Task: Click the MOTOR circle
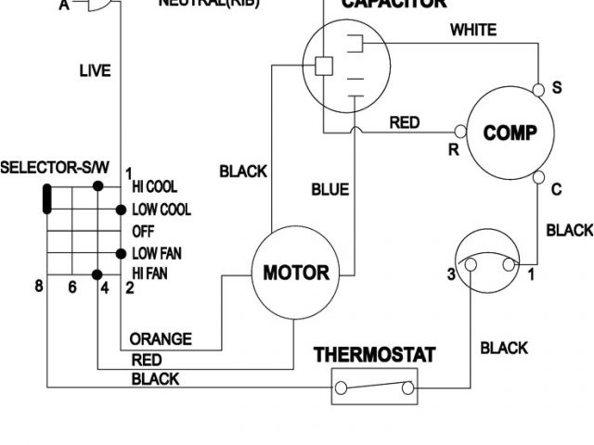pos(296,273)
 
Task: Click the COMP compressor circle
pos(510,133)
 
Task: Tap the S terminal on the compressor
pos(539,90)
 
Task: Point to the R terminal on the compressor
pos(459,132)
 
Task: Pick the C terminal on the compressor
pos(539,177)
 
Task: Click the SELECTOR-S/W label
pos(55,169)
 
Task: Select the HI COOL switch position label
pos(154,187)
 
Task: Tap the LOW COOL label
pos(161,210)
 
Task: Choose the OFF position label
pos(143,231)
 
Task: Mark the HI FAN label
pos(151,273)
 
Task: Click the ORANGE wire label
pos(160,339)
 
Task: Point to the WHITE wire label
pos(473,30)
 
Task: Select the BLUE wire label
pos(329,190)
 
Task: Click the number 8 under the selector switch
pos(39,286)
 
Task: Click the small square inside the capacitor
pos(324,67)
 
